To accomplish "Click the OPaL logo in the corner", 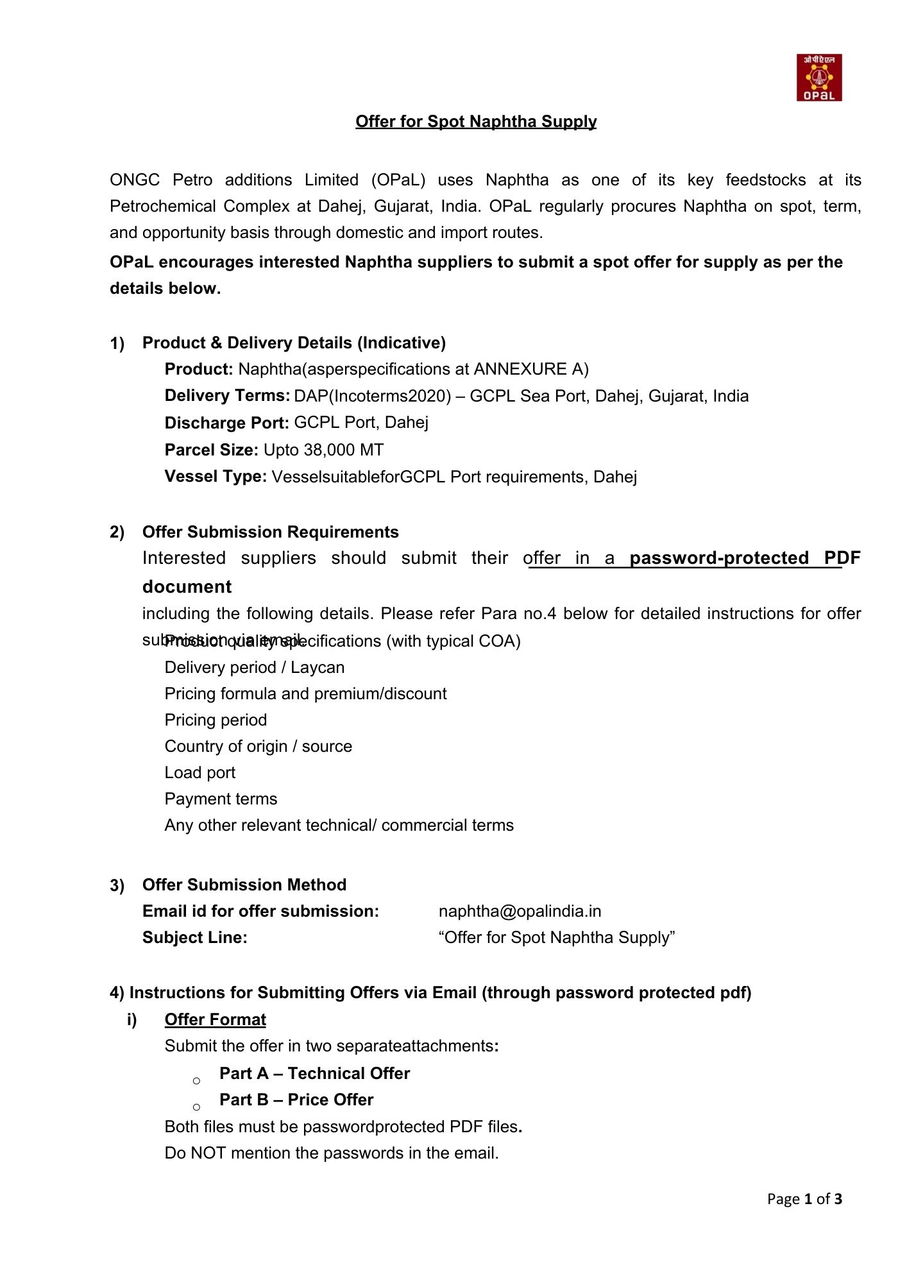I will pos(819,78).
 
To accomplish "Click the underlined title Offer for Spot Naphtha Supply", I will pos(476,122).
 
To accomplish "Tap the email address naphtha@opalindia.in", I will pos(520,911).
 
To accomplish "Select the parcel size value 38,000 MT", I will pos(343,450).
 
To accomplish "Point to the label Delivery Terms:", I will pos(228,396).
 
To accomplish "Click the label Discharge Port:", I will pos(227,423).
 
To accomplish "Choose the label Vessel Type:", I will pos(216,477).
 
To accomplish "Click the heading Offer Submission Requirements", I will pos(270,532).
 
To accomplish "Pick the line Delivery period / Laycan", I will pos(254,667).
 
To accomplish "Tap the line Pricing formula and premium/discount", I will pos(305,693).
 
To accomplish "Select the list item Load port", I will pos(199,772).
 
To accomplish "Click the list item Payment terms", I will pos(221,799).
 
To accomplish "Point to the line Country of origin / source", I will pos(258,746).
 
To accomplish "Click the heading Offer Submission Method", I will pos(244,885).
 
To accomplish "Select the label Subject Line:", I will pos(194,937).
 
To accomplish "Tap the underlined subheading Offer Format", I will pos(215,1019).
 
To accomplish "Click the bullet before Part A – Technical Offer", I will pos(196,1081).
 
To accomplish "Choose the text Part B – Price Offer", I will pos(296,1100).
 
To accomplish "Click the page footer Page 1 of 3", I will pos(804,1199).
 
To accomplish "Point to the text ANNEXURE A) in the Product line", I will pos(530,369).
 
